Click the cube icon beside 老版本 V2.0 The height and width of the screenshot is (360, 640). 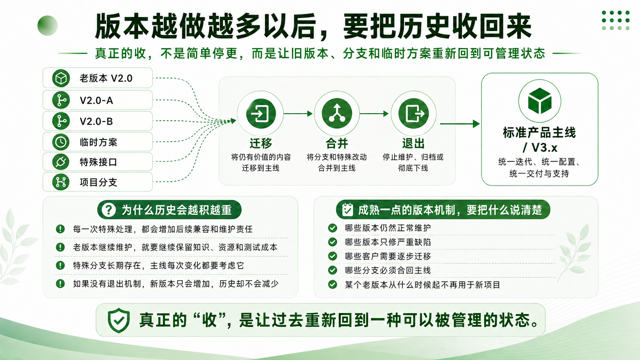coord(61,78)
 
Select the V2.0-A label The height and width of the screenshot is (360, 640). coord(96,101)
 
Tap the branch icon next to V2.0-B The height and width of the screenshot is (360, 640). coord(61,121)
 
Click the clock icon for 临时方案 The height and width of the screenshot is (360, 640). coord(61,142)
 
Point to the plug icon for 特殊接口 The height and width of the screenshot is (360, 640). coord(61,162)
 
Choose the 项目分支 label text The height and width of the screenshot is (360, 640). coord(98,182)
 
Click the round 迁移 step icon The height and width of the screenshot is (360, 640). coord(261,114)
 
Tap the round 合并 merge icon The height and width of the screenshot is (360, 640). coord(337,114)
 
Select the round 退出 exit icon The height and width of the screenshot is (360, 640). coord(413,114)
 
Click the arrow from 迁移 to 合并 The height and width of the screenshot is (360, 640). coord(298,114)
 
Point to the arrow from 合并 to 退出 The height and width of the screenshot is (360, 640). coord(374,114)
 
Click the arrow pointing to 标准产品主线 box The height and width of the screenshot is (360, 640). coord(460,124)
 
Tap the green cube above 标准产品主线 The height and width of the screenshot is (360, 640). coord(540,101)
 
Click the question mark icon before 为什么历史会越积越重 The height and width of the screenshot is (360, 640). coord(109,210)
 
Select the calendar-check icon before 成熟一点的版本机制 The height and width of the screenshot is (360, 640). coord(348,209)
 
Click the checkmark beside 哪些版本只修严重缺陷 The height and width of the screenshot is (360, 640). coord(332,242)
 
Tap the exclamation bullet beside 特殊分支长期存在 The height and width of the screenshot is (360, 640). coord(60,266)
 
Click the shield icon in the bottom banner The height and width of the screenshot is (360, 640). coord(119,320)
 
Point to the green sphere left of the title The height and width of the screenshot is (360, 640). coord(47,25)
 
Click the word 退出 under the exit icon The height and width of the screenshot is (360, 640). coord(413,143)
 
